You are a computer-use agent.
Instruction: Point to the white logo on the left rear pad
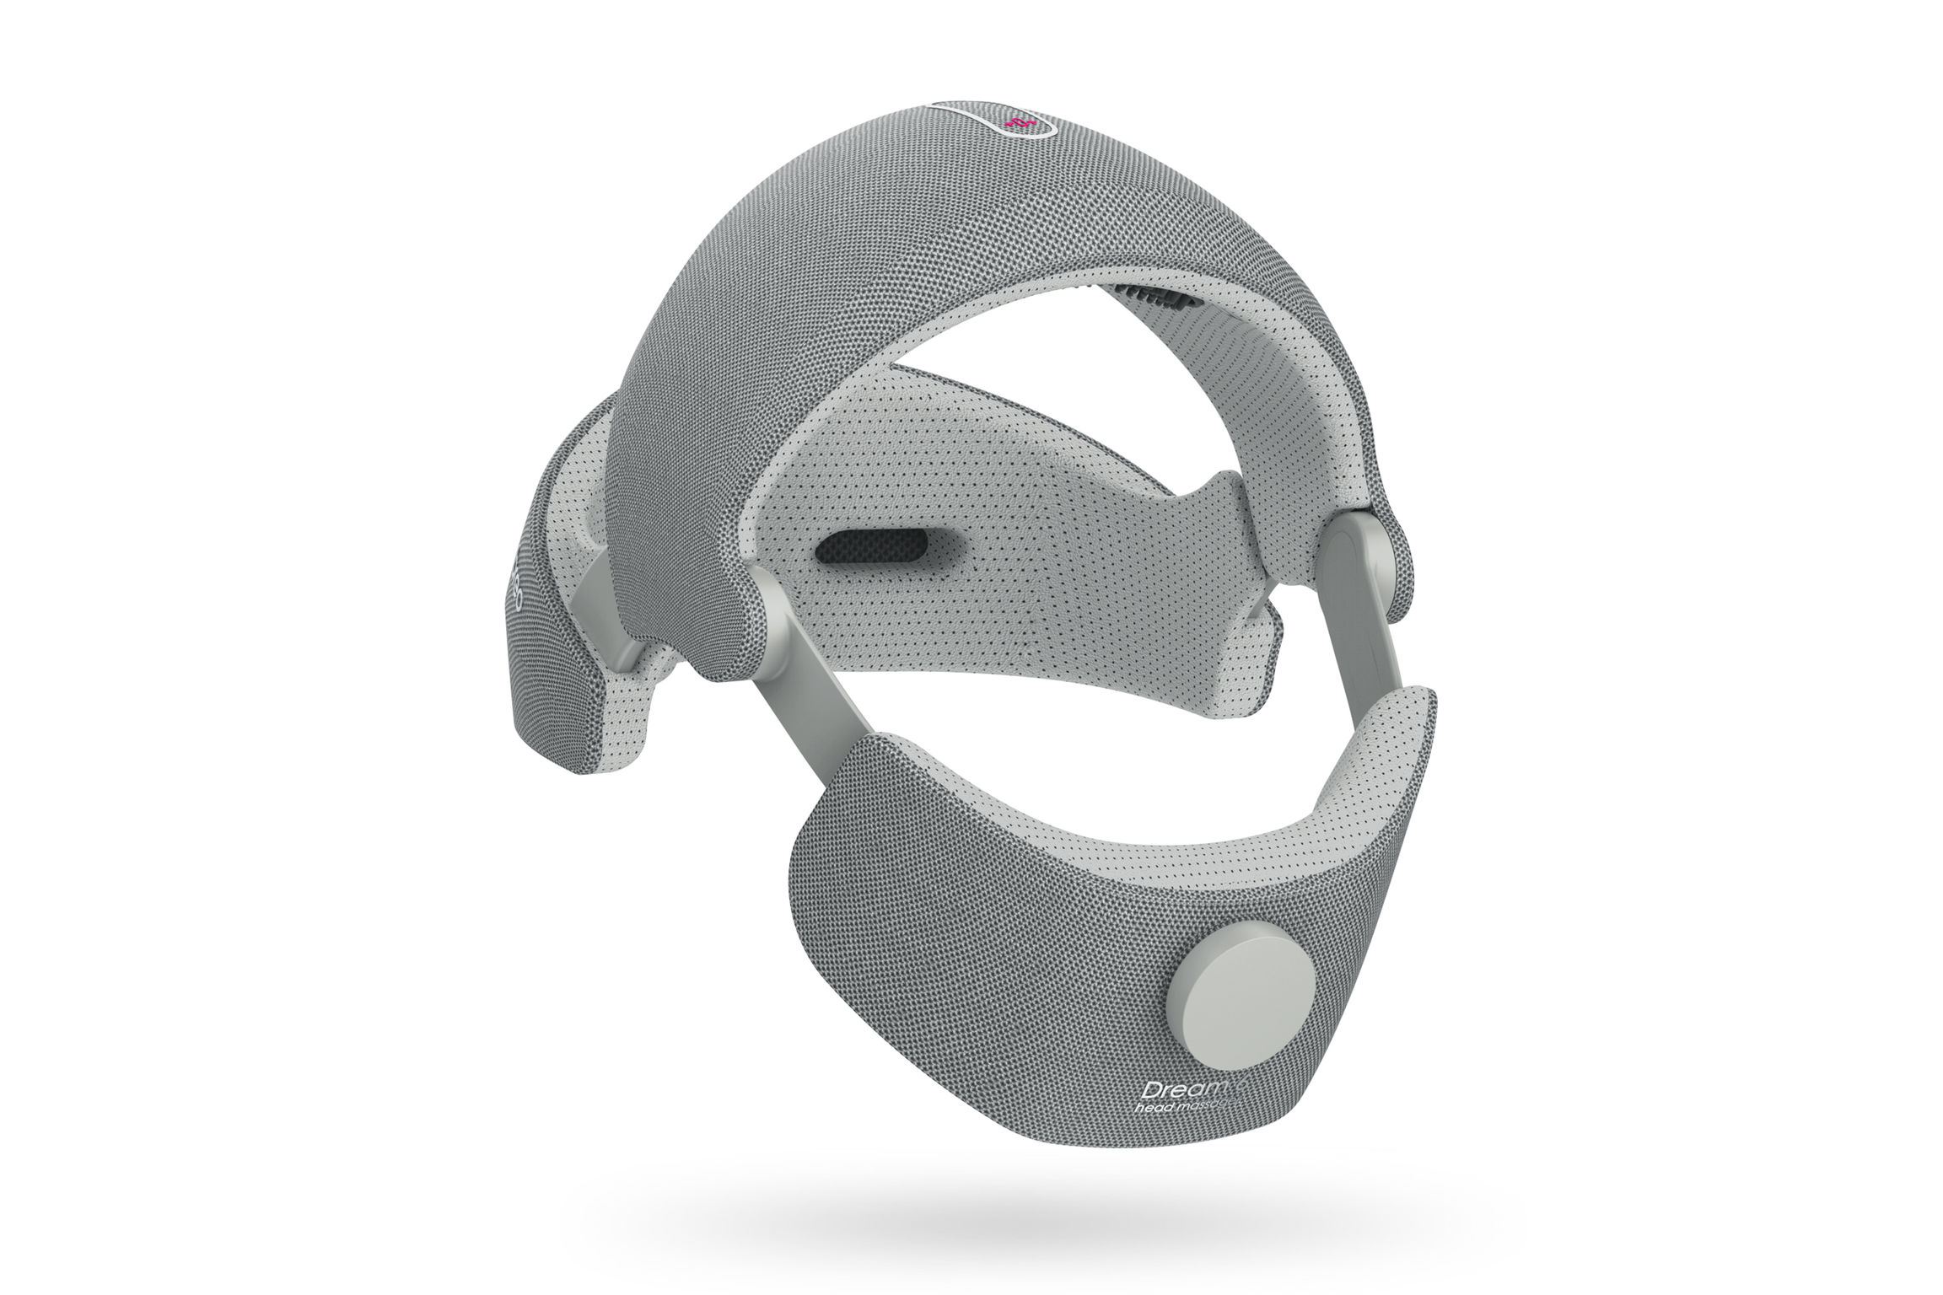515,582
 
